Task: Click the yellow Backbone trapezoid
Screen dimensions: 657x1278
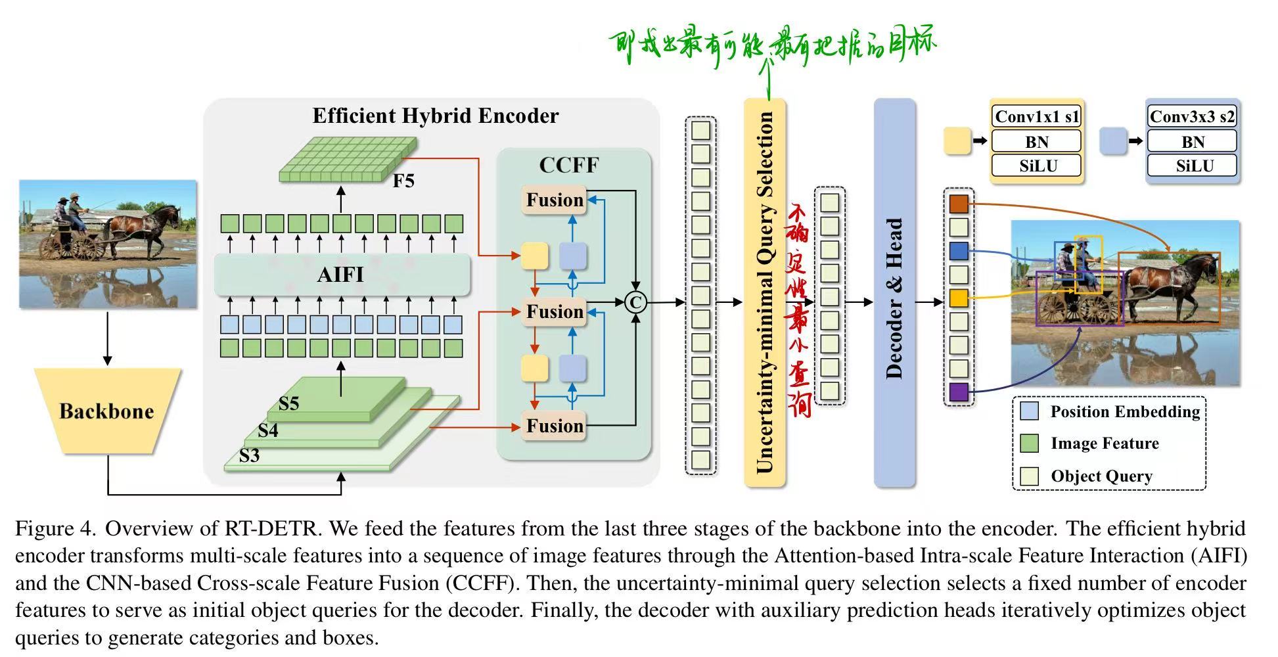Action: tap(107, 411)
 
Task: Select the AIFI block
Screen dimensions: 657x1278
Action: tap(342, 275)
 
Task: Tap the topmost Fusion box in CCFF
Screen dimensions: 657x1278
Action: tap(555, 200)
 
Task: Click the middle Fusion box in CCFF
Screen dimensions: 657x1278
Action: tap(555, 311)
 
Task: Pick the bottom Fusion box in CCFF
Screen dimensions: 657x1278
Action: tap(555, 426)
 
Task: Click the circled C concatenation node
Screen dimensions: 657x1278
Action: tap(635, 302)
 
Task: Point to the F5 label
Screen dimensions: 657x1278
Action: tap(403, 181)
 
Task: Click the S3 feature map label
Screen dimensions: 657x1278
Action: tap(249, 455)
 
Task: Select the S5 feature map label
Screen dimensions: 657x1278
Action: tap(288, 403)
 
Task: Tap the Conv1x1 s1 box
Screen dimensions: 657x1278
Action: tap(1036, 117)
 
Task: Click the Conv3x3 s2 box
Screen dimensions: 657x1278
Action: tap(1192, 117)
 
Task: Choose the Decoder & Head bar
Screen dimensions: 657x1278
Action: tap(894, 293)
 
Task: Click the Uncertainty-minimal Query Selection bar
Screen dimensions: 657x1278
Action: tap(765, 293)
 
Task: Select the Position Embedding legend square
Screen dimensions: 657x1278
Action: tap(1030, 411)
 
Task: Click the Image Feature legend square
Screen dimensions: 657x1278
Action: tap(1030, 443)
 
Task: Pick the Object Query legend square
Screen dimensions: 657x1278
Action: tap(1030, 476)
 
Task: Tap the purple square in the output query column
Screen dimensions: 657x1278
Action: tap(959, 392)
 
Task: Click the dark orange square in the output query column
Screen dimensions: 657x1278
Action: tap(959, 203)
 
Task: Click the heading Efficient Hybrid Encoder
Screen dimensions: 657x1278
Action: tap(435, 116)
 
